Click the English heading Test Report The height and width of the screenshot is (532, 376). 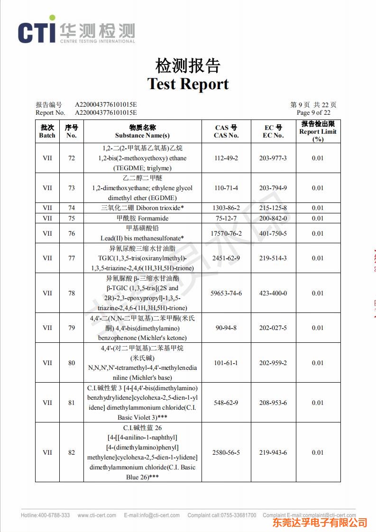188,84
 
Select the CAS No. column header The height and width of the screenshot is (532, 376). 226,131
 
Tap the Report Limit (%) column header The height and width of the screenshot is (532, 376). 318,131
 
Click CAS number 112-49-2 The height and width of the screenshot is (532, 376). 226,158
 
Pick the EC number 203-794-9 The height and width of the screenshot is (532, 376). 273,188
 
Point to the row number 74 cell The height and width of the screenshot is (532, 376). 72,208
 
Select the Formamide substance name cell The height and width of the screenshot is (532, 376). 142,218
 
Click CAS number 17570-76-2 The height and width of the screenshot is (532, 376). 226,233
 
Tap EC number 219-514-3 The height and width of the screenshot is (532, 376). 273,258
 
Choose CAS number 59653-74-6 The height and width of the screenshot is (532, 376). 226,293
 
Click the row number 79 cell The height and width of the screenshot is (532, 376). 72,328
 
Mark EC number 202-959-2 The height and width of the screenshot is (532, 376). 273,363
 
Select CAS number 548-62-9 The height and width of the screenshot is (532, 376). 226,403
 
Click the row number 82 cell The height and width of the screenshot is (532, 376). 72,452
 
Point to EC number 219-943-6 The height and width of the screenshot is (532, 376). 273,452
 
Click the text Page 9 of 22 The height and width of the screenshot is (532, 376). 313,112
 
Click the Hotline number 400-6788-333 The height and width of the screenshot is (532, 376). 45,515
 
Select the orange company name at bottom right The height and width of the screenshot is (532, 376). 320,523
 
